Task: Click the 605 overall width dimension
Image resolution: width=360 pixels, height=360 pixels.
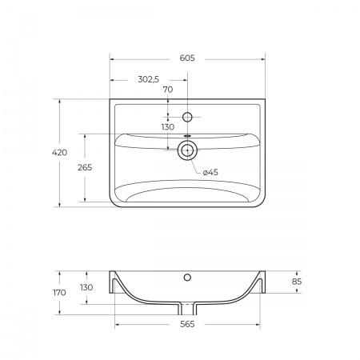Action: [187, 58]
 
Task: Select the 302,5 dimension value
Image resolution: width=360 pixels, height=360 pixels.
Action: [148, 79]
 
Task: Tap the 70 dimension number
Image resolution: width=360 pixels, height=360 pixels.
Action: [168, 90]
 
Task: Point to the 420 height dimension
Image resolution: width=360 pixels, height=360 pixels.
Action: [59, 153]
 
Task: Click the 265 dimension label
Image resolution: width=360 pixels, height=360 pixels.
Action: [85, 167]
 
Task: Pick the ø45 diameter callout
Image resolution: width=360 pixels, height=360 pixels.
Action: [210, 172]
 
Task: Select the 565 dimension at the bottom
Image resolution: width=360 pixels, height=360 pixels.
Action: [187, 324]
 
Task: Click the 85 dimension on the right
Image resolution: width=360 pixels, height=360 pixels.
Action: [297, 282]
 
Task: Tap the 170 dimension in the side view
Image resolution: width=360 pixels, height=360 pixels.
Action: [59, 293]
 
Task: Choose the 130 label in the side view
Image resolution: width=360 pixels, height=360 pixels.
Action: [86, 287]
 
